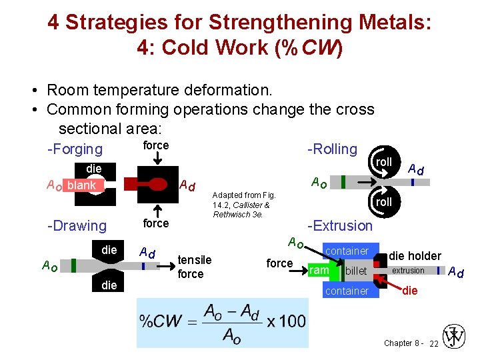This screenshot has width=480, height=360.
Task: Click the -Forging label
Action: [x=75, y=149]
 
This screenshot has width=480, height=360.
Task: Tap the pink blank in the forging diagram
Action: [x=82, y=185]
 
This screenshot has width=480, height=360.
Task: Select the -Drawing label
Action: [x=77, y=226]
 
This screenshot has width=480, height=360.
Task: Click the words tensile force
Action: [x=195, y=267]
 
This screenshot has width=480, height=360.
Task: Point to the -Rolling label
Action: [x=332, y=149]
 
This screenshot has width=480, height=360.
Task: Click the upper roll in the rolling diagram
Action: [x=383, y=163]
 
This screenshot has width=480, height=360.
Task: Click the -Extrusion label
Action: [x=339, y=226]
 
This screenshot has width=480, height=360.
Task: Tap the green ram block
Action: [x=319, y=271]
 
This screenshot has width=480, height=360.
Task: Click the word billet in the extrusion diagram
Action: [x=356, y=271]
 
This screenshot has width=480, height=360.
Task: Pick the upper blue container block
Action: [x=347, y=251]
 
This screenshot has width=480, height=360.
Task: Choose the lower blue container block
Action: [x=347, y=291]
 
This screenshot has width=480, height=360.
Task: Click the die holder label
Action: [x=415, y=255]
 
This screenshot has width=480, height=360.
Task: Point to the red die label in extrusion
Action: [x=409, y=291]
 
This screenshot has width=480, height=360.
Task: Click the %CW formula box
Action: [x=223, y=322]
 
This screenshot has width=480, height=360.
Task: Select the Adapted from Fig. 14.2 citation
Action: [x=241, y=205]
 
